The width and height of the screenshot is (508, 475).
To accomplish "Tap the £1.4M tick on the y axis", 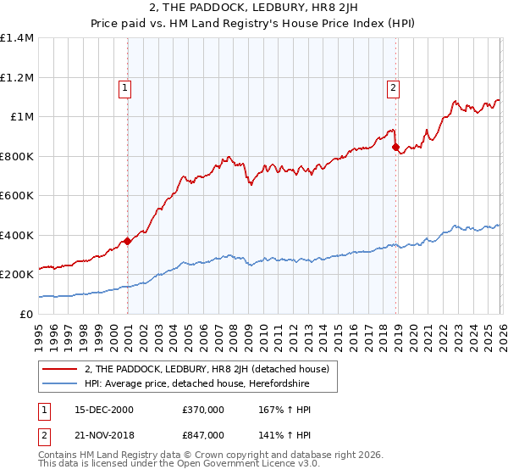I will coord(17,38).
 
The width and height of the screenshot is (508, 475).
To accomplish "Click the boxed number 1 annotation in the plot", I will coord(125,87).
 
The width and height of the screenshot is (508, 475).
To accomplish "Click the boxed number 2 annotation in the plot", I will coord(394,87).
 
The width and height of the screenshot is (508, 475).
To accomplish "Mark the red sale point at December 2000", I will coord(128,241).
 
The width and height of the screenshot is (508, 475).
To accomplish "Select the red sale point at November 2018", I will coord(395,147).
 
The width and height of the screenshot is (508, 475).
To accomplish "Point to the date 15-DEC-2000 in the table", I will coord(97,410).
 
